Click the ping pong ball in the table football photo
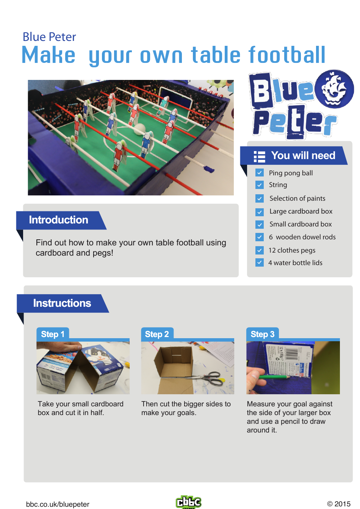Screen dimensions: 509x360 point(140,129)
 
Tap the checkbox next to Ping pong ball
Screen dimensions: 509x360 point(260,173)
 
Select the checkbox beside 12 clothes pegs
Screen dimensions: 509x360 point(260,250)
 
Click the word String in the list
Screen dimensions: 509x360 point(278,185)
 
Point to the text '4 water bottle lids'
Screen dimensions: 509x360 point(295,263)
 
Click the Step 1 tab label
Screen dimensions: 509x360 point(53,334)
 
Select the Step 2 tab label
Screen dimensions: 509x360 point(157,334)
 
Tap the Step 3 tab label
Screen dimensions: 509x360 point(262,334)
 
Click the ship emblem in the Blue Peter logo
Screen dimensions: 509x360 point(334,89)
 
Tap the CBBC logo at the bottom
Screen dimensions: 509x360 point(189,502)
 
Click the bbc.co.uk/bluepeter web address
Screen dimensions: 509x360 point(58,504)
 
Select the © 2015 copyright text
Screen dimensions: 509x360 point(339,504)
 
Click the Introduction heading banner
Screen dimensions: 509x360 point(59,220)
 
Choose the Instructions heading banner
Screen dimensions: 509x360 point(62,303)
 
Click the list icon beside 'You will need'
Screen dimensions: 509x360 point(260,156)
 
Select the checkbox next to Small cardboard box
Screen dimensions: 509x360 point(260,224)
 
